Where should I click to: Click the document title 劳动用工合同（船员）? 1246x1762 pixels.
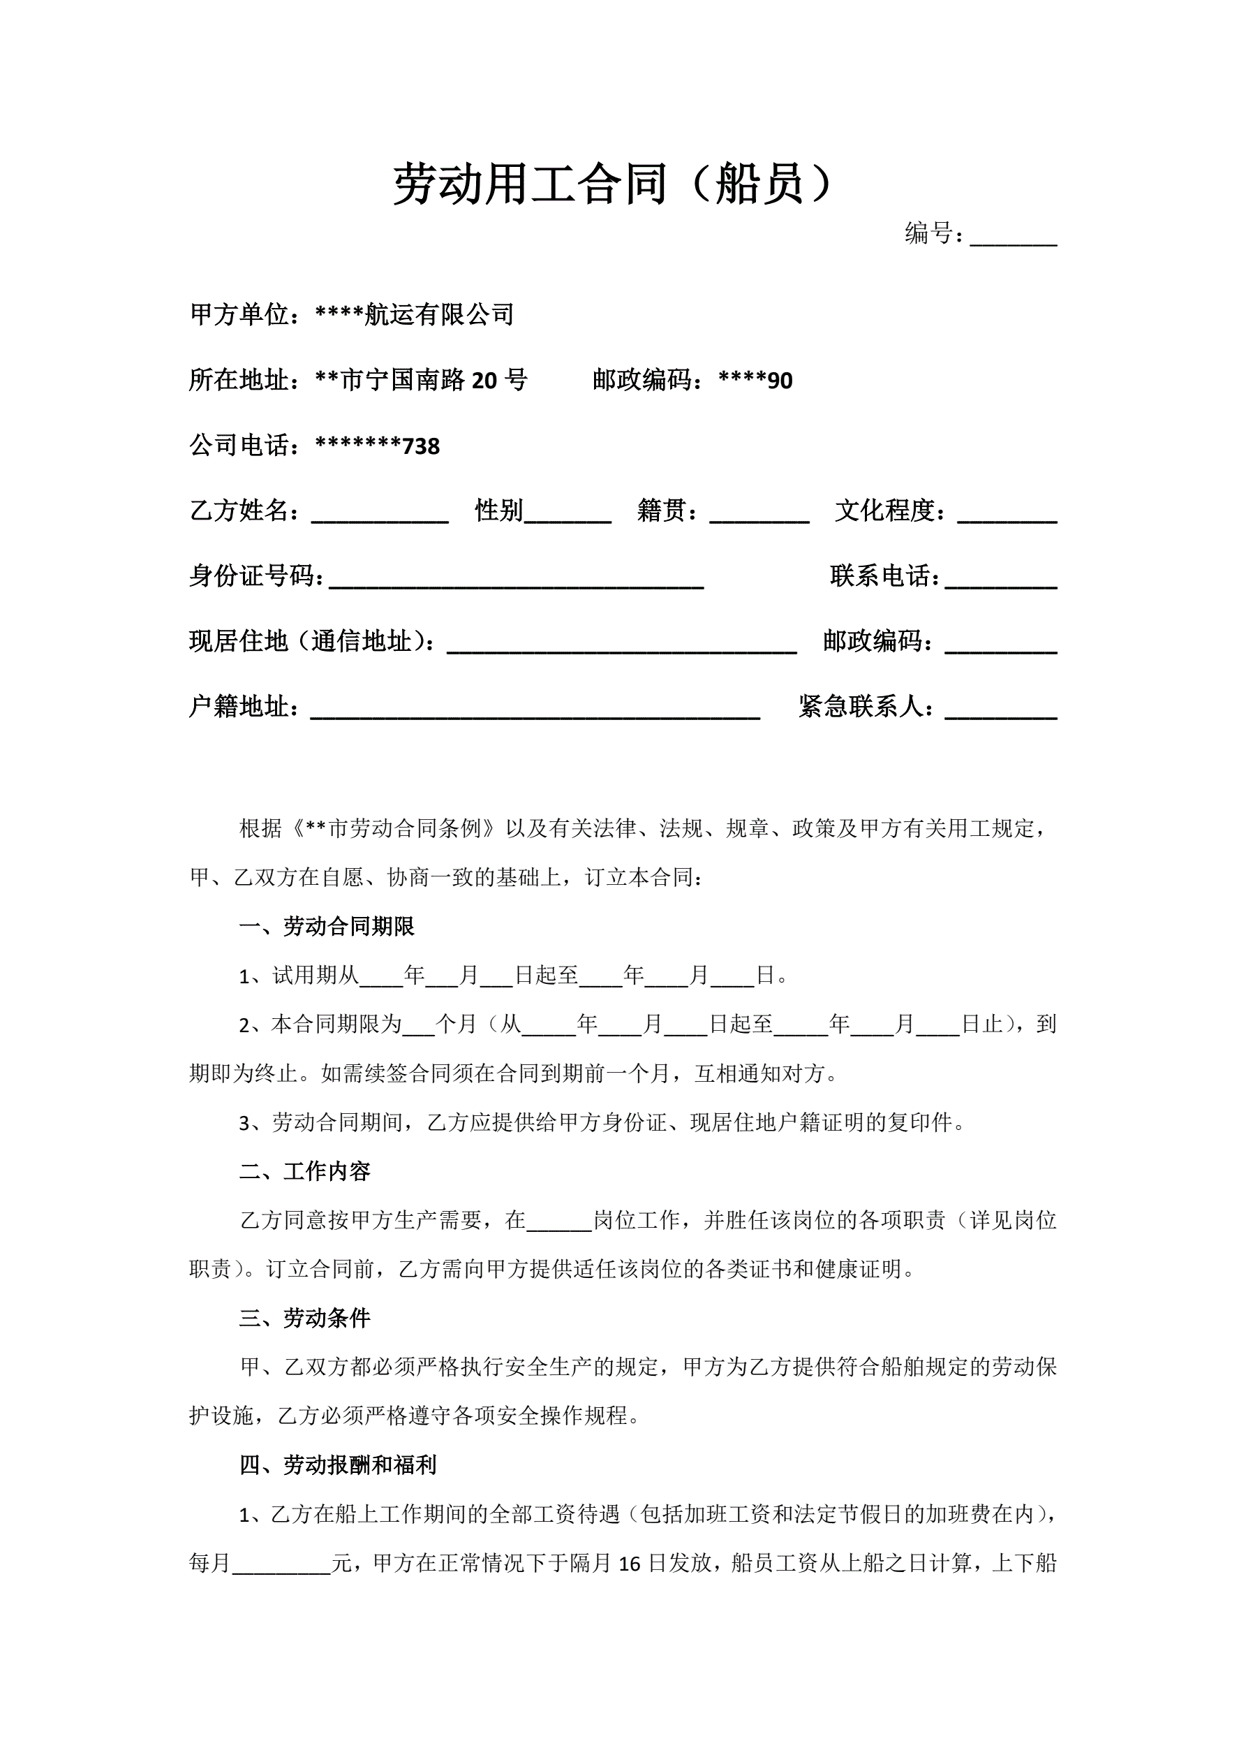612,184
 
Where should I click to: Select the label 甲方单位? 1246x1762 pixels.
239,315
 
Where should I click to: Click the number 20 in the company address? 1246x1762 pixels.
484,381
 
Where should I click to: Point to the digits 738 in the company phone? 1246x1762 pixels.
421,447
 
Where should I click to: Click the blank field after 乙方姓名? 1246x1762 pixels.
380,513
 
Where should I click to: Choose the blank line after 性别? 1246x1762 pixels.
567,513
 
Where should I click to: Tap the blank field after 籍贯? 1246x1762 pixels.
759,513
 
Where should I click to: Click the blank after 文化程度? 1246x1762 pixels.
1007,513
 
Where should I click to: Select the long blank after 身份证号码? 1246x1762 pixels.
516,578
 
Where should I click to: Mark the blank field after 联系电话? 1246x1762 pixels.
1000,578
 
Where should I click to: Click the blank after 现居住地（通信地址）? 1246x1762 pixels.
621,643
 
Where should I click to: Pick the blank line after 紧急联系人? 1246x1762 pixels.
1000,708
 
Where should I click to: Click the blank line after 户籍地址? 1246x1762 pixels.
535,708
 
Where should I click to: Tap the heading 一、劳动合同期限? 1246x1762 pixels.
327,926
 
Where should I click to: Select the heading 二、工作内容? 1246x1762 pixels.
304,1172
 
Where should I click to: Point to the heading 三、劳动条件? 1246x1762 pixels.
304,1319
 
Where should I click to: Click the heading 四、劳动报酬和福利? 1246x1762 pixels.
338,1466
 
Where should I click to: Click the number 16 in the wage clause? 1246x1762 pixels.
629,1564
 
